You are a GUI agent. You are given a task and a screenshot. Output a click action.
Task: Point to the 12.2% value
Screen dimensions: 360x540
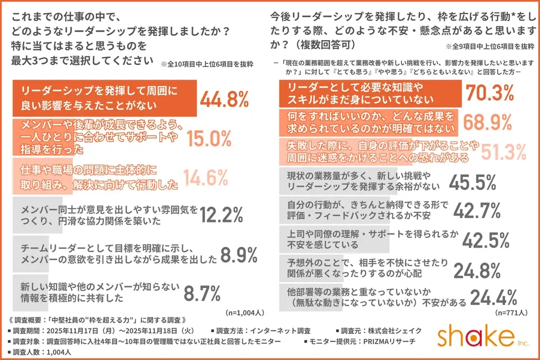tap(221, 215)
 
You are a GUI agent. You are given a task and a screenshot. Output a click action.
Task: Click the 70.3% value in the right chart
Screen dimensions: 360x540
tap(489, 93)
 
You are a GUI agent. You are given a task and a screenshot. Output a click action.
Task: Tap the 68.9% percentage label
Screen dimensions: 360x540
tap(487, 122)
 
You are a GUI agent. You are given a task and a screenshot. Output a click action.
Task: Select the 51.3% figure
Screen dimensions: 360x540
tap(504, 152)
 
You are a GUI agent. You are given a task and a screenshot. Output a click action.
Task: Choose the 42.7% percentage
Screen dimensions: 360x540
tap(476, 211)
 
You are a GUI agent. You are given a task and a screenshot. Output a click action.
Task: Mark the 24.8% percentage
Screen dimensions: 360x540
tap(477, 270)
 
